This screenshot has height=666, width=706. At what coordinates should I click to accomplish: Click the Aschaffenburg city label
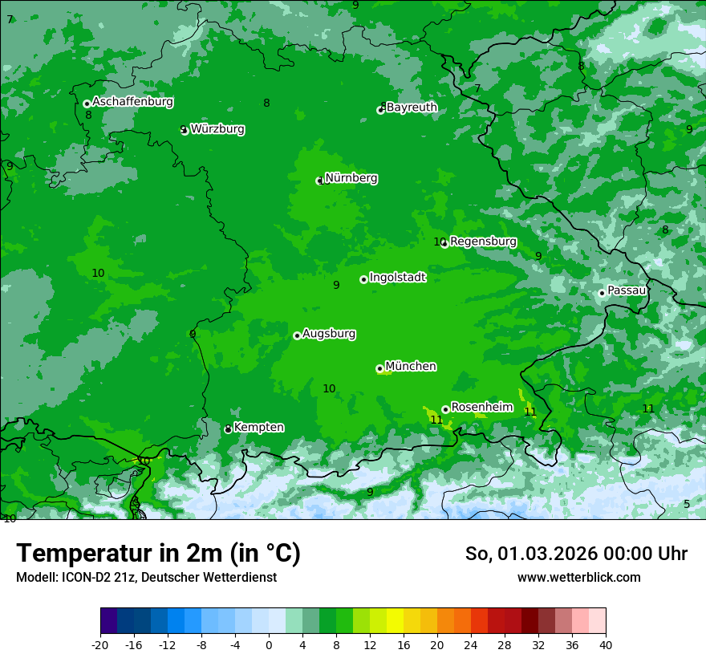(132, 102)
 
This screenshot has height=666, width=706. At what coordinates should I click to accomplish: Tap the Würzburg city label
(217, 129)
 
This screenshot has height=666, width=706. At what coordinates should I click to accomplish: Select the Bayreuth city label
(412, 108)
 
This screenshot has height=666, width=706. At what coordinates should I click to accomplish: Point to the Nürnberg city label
(351, 178)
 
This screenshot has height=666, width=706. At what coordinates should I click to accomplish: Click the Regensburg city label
(483, 242)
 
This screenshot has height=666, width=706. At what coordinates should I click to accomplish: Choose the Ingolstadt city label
(397, 278)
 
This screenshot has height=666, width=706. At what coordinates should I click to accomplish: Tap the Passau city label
(627, 290)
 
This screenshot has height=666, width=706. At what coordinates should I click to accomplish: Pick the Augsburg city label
(329, 334)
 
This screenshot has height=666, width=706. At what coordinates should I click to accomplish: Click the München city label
(411, 367)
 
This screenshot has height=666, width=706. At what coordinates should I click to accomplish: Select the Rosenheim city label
(481, 408)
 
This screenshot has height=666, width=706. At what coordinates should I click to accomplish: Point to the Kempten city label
(258, 428)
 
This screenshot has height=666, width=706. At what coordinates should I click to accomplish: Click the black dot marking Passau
(602, 293)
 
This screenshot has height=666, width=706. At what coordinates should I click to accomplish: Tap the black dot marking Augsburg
(297, 335)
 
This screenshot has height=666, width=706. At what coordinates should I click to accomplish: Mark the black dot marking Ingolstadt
(363, 279)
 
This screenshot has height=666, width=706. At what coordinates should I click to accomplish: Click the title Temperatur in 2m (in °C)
(158, 553)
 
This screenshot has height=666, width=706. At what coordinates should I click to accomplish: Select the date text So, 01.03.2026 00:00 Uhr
(576, 554)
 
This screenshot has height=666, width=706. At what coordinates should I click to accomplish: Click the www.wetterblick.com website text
(578, 578)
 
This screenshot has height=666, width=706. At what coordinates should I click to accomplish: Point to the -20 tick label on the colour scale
(100, 644)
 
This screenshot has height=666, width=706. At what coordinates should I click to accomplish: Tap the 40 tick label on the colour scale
(606, 644)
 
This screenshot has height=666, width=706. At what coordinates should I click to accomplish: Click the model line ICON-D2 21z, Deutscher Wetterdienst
(146, 578)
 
